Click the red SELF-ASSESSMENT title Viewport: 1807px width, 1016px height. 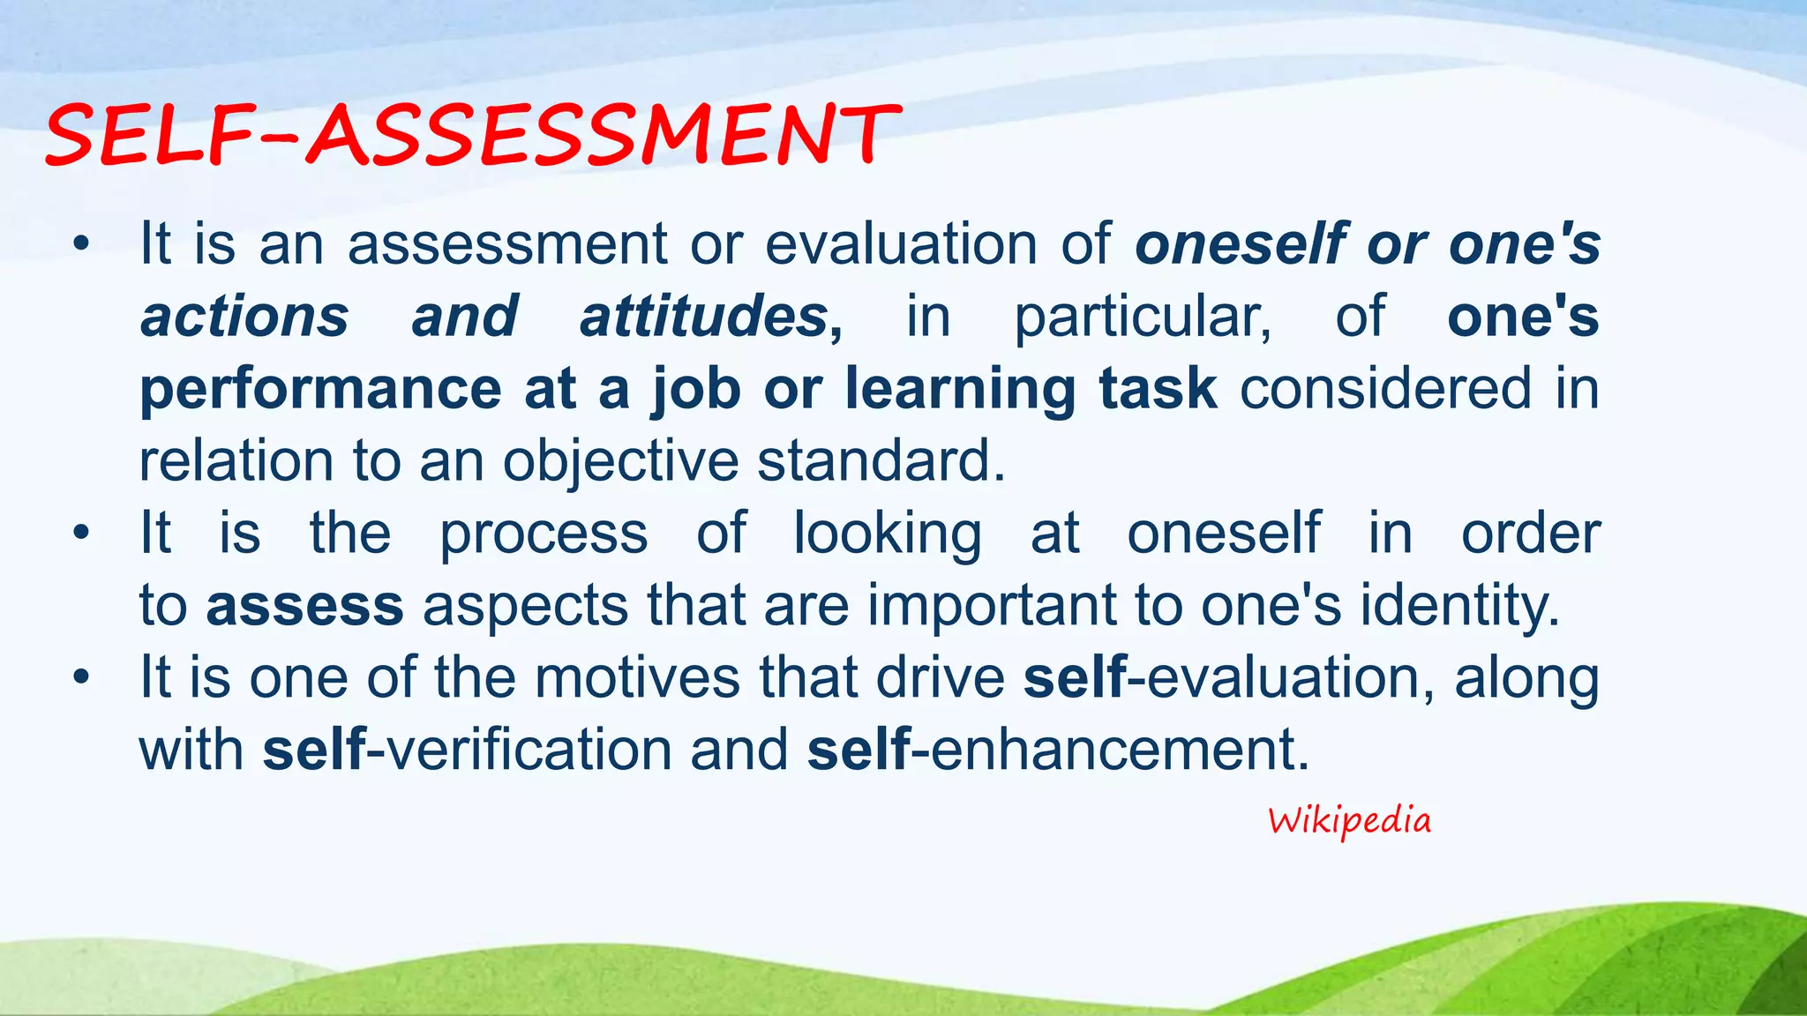click(x=472, y=134)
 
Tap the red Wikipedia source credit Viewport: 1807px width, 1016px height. click(x=1349, y=821)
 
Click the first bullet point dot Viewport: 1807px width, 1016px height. click(x=82, y=244)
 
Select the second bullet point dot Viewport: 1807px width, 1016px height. click(x=82, y=534)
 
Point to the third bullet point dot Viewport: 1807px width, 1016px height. click(x=82, y=678)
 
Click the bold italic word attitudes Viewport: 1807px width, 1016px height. click(x=703, y=317)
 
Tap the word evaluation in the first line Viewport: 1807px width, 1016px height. click(x=901, y=244)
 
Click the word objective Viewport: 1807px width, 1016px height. click(x=620, y=461)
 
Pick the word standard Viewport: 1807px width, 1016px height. click(x=880, y=461)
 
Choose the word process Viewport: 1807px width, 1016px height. click(x=544, y=534)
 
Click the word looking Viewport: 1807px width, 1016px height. click(x=887, y=534)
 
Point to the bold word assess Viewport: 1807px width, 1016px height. click(x=304, y=606)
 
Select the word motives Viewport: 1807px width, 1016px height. click(x=637, y=678)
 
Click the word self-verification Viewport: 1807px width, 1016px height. click(x=467, y=751)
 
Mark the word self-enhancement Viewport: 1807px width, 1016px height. click(x=1058, y=751)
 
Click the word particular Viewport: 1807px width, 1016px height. click(x=1143, y=317)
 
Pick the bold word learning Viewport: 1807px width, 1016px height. click(x=961, y=389)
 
